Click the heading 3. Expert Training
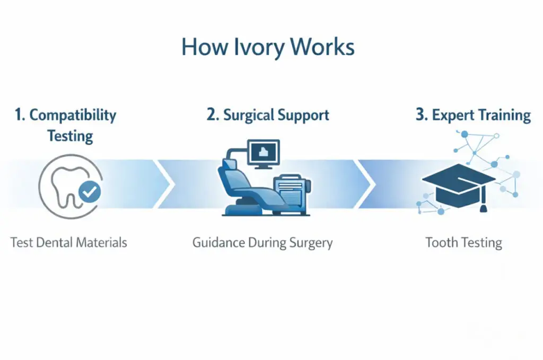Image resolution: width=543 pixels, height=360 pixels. [473, 116]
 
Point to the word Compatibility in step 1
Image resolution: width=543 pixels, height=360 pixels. [73, 115]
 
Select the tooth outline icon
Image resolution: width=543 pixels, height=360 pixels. [64, 186]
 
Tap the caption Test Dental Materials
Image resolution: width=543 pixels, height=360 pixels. [69, 243]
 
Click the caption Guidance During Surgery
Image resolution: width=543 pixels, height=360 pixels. [262, 243]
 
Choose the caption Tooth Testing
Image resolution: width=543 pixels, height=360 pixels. [463, 243]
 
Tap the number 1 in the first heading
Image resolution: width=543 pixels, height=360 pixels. [20, 115]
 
